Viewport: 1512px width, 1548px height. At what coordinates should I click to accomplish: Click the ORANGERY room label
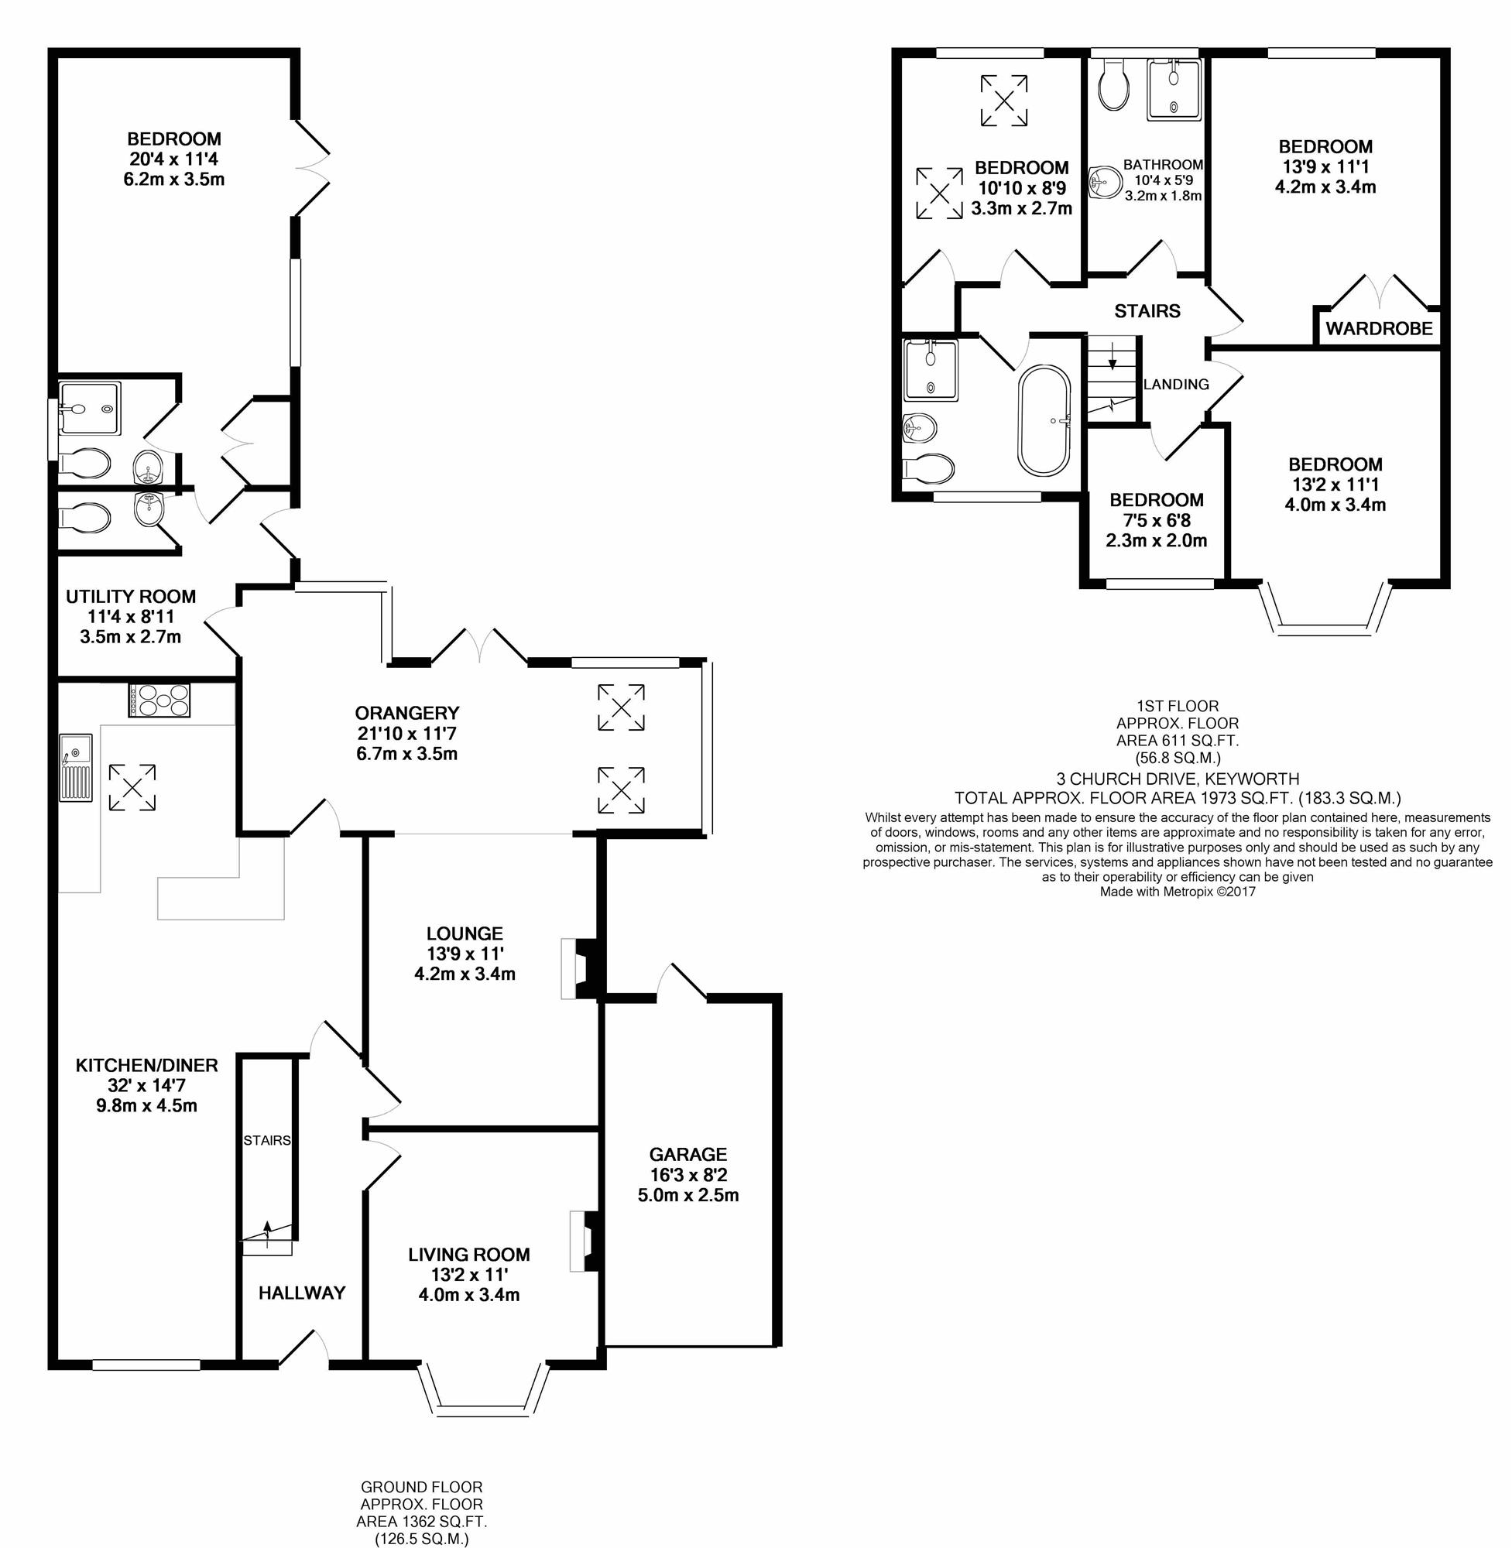[x=406, y=713]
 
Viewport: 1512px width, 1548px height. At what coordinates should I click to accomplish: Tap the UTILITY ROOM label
[x=130, y=596]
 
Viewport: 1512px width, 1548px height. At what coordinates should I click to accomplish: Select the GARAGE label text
[x=687, y=1154]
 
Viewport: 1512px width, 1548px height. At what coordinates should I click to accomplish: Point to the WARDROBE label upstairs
[x=1379, y=329]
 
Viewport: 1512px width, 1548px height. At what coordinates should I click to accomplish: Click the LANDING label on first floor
[x=1176, y=384]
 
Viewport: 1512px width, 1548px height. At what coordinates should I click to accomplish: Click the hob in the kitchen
[x=159, y=700]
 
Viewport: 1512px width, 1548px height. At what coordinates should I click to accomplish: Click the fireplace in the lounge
[x=578, y=968]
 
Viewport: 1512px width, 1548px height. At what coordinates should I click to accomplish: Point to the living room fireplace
[x=585, y=1242]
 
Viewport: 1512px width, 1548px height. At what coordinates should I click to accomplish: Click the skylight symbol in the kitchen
[x=132, y=787]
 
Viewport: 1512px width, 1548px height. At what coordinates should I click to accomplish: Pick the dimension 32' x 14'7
[x=147, y=1085]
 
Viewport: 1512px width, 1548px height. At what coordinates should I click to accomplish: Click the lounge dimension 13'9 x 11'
[x=465, y=954]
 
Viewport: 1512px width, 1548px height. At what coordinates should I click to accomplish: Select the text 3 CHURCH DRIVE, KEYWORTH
[x=1178, y=779]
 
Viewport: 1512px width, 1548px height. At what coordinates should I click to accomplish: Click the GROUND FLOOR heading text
[x=422, y=1486]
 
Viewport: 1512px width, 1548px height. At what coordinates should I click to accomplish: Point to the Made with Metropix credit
[x=1178, y=892]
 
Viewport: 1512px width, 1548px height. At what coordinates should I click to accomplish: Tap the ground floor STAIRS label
[x=267, y=1140]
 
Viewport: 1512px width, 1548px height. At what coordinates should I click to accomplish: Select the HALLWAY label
[x=302, y=1293]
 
